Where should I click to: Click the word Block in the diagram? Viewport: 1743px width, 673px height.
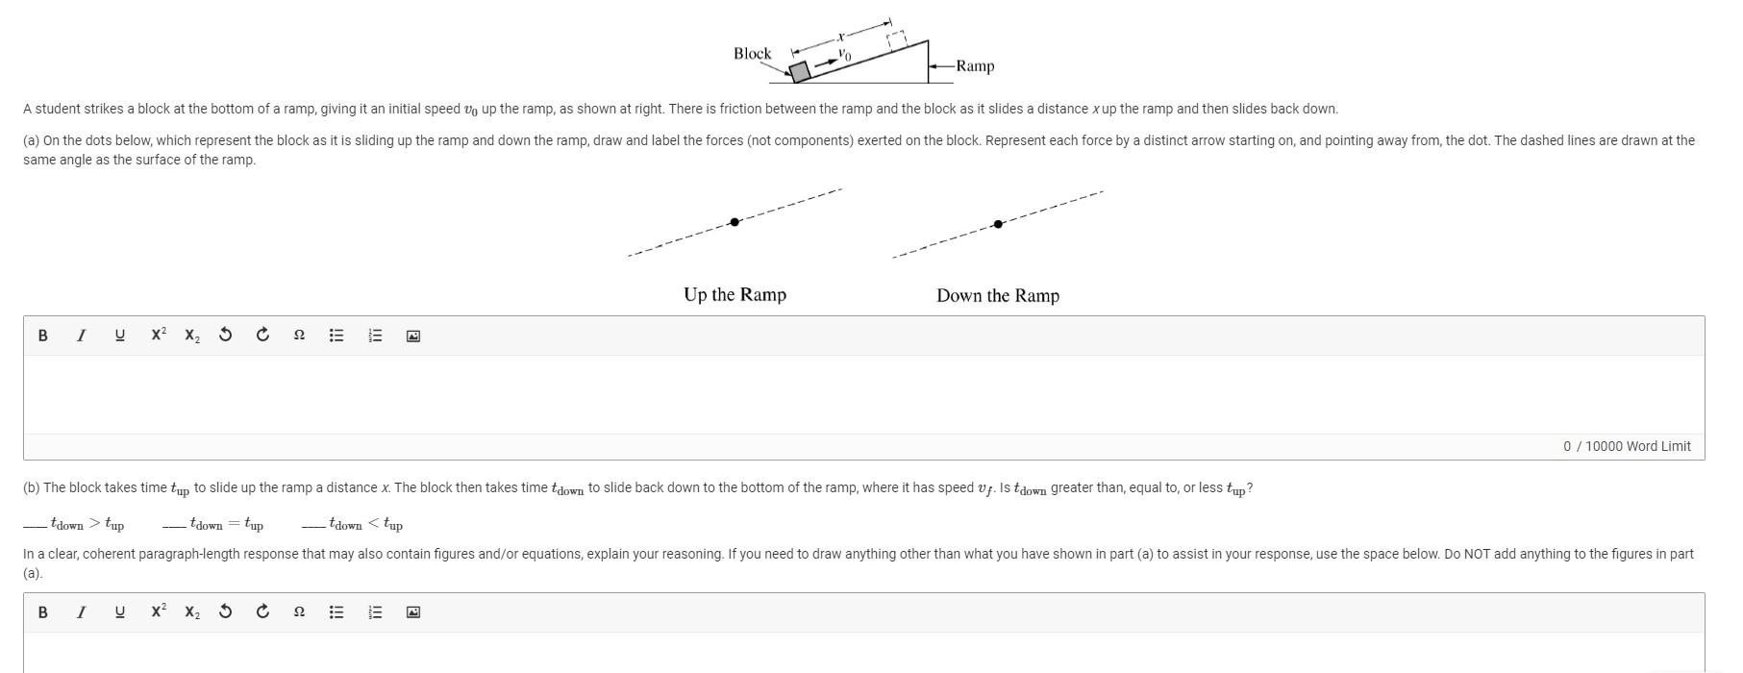(752, 54)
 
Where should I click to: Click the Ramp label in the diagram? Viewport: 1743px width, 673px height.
(975, 66)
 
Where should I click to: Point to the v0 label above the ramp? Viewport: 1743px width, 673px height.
(844, 55)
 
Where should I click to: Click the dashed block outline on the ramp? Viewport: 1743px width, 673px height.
(897, 39)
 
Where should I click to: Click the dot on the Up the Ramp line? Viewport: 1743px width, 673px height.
(735, 222)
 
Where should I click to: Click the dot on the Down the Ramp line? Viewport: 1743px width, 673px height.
(998, 224)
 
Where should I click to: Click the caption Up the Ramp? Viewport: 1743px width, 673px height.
(735, 294)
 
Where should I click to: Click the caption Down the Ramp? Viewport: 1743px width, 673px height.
(998, 295)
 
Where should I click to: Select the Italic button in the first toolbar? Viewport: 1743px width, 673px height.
(81, 336)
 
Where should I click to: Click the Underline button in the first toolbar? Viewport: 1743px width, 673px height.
(119, 336)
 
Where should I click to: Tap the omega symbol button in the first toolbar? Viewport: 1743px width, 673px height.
(299, 336)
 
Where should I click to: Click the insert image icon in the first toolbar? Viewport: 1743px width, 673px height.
(412, 336)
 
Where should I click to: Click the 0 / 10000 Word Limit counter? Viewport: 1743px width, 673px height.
(1627, 446)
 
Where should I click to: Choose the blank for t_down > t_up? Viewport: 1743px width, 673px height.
(35, 525)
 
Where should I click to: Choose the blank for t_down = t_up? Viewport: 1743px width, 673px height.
(174, 525)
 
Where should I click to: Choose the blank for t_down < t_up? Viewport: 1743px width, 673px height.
(312, 525)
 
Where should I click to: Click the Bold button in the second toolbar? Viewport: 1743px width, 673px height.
(42, 612)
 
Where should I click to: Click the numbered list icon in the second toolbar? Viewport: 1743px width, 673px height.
(375, 612)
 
